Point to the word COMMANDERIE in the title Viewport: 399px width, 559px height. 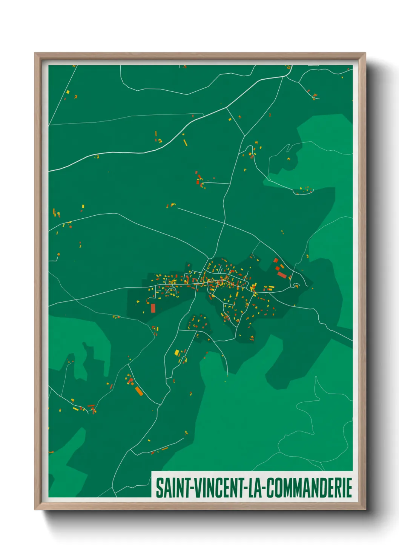(x=309, y=488)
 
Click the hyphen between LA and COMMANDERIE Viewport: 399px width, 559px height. (x=264, y=489)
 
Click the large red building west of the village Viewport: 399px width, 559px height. (x=153, y=308)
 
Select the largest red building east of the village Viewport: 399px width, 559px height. (x=282, y=275)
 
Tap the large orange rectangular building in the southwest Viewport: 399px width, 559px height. (x=139, y=391)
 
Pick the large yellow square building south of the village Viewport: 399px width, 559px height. (x=176, y=353)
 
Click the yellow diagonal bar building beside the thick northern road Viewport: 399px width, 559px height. (x=185, y=142)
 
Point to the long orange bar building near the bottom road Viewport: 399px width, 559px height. (x=165, y=449)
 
